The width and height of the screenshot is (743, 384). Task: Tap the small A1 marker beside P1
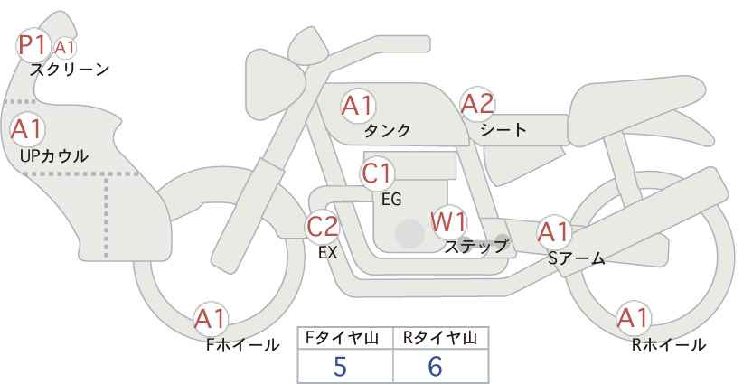[64, 48]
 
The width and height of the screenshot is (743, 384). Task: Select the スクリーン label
[70, 70]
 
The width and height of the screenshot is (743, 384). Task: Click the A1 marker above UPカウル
[27, 129]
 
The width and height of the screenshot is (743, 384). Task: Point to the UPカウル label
[54, 155]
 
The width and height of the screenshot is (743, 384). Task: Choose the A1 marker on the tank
[358, 106]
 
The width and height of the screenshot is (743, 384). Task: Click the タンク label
[387, 131]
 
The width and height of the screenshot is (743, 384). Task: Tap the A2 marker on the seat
[477, 104]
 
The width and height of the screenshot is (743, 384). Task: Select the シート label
[503, 129]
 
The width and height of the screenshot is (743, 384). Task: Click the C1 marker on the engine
[377, 173]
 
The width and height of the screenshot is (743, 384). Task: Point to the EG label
[392, 200]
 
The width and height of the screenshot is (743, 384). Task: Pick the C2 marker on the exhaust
[322, 226]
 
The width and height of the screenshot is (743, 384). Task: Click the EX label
[328, 253]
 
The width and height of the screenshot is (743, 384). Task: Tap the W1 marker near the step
[449, 222]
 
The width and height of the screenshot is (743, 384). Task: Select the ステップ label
[475, 247]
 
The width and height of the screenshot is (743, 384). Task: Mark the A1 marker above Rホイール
[634, 318]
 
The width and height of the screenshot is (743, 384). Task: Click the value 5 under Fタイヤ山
[340, 366]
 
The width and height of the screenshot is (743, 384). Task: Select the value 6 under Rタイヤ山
[435, 366]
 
